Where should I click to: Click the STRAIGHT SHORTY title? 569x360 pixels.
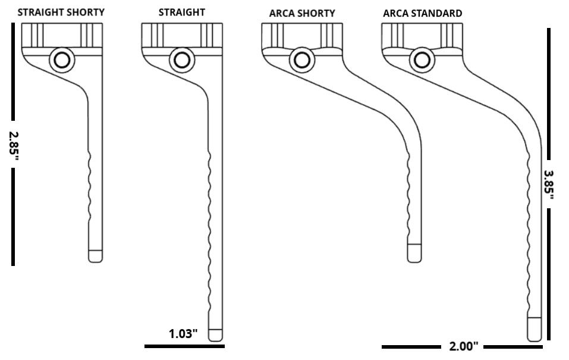[61, 12]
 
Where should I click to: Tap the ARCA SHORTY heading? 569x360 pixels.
[302, 14]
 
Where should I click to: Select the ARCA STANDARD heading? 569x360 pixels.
[422, 14]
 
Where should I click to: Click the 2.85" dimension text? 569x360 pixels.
[14, 145]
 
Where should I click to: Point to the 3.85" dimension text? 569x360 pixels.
[549, 184]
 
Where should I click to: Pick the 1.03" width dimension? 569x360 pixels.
[183, 333]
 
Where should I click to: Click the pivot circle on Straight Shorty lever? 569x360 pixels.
[62, 60]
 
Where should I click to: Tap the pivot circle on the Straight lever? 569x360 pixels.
[182, 60]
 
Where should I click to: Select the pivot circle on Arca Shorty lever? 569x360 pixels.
[302, 60]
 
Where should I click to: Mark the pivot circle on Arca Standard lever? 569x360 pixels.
[422, 60]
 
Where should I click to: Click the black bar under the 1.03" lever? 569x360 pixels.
[184, 346]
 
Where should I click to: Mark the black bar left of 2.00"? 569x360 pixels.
[411, 347]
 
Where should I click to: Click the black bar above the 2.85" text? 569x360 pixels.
[13, 71]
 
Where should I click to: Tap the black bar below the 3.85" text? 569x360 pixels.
[549, 274]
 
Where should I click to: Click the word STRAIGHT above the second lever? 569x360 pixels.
[182, 12]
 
